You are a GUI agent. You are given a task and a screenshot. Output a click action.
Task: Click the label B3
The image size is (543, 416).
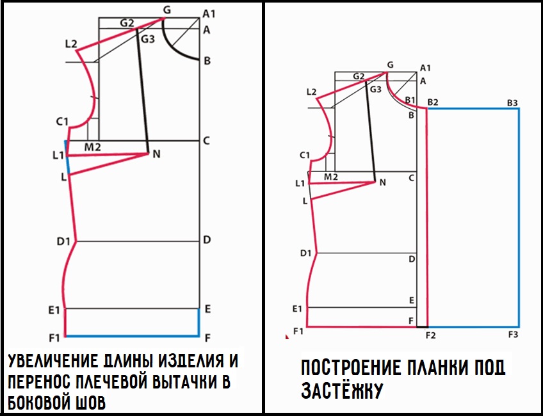(x=512, y=103)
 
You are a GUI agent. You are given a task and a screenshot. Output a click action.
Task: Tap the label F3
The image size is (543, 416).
(x=513, y=335)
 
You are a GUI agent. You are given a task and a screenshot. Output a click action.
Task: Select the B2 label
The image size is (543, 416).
(x=433, y=102)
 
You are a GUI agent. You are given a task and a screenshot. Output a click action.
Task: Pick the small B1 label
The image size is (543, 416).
(x=410, y=100)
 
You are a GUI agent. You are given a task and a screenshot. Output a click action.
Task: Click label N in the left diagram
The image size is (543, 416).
(x=156, y=154)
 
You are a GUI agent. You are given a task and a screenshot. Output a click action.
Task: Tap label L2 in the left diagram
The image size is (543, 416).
(x=71, y=44)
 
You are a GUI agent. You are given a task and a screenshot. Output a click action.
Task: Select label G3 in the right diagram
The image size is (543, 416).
(x=376, y=90)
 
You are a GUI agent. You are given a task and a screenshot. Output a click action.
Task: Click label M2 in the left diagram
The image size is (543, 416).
(x=92, y=147)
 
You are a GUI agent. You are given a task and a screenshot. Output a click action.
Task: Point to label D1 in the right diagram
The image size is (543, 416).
(x=306, y=253)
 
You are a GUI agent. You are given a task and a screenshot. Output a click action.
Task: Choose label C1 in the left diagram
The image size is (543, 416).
(x=62, y=122)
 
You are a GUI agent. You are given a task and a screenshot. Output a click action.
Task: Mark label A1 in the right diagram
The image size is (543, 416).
(x=425, y=68)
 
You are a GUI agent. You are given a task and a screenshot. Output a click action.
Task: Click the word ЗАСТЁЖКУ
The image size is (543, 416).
(x=342, y=391)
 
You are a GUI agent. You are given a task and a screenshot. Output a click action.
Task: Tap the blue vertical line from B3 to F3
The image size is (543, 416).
(x=519, y=218)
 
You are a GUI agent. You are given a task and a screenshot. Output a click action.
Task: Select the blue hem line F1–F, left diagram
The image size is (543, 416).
(x=133, y=336)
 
